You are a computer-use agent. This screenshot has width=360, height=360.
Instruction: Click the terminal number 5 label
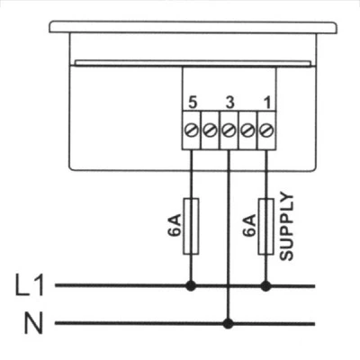pyautogui.click(x=193, y=103)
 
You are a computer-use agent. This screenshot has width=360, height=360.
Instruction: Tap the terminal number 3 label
pyautogui.click(x=229, y=103)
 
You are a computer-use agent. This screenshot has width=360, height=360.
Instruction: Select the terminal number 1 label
pyautogui.click(x=267, y=103)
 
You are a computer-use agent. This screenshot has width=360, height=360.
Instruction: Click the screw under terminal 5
pyautogui.click(x=192, y=130)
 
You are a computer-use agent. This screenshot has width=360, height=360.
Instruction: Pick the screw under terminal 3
pyautogui.click(x=229, y=130)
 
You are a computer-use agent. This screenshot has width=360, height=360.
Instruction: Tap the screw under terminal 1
pyautogui.click(x=266, y=130)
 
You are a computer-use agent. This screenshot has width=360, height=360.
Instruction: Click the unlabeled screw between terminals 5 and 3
pyautogui.click(x=210, y=130)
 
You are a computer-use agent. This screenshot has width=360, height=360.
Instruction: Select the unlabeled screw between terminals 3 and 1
pyautogui.click(x=247, y=130)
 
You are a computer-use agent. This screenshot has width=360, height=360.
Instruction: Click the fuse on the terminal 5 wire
pyautogui.click(x=191, y=226)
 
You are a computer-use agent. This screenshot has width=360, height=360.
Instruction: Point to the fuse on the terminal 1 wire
pyautogui.click(x=265, y=226)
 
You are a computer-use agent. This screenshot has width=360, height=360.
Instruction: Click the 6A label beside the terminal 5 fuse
pyautogui.click(x=175, y=225)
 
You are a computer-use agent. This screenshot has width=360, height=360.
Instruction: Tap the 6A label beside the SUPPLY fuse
pyautogui.click(x=249, y=225)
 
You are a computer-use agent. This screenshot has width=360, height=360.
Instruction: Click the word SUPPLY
pyautogui.click(x=286, y=227)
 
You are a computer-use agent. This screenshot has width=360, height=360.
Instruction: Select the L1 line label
pyautogui.click(x=30, y=286)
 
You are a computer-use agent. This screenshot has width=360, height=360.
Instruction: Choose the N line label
pyautogui.click(x=33, y=323)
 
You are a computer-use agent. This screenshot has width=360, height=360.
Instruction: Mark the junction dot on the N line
pyautogui.click(x=229, y=323)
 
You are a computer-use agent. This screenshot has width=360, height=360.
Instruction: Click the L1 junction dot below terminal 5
pyautogui.click(x=191, y=286)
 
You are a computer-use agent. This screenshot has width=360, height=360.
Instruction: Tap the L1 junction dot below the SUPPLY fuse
pyautogui.click(x=265, y=286)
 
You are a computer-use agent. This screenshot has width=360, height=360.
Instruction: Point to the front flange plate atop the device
pyautogui.click(x=193, y=27)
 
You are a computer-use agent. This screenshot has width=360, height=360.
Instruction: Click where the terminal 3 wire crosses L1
pyautogui.click(x=229, y=286)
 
